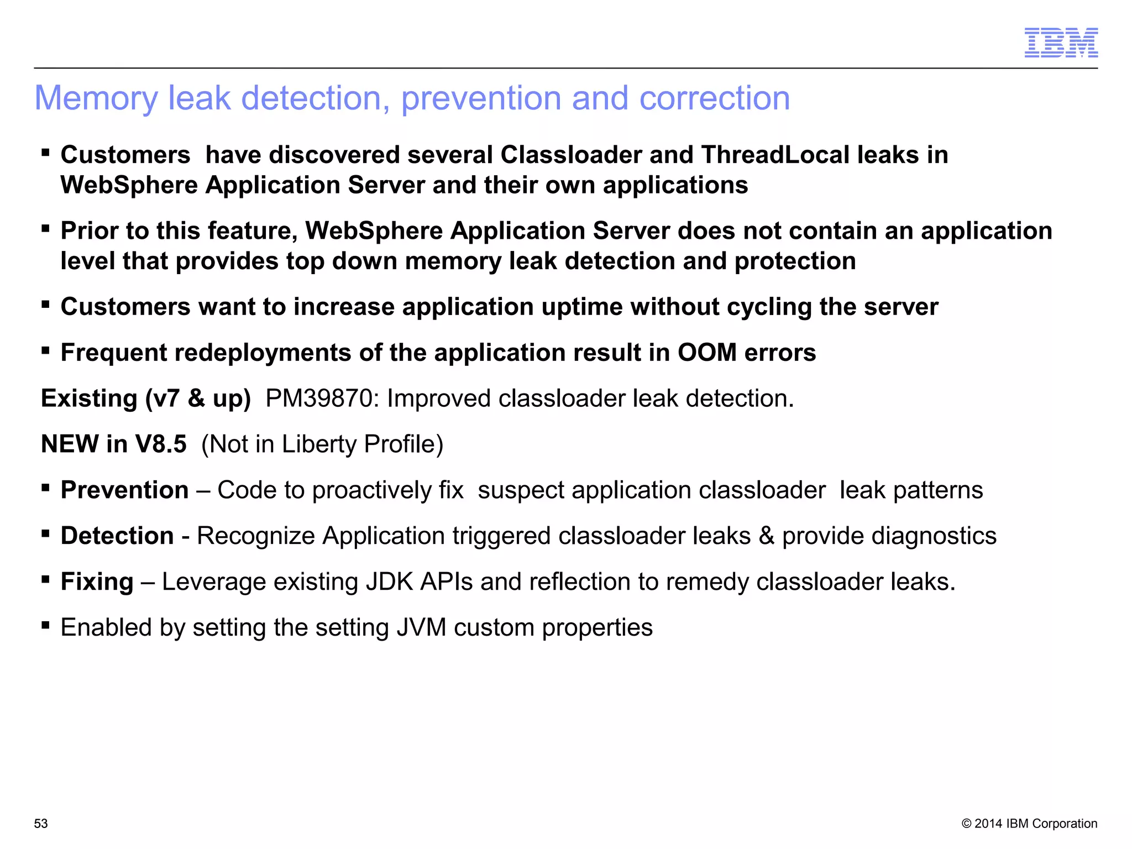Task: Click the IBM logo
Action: [x=1061, y=43]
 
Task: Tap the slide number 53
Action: [x=41, y=824]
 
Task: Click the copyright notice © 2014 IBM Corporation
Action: [x=1029, y=824]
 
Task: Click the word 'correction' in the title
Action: [x=714, y=98]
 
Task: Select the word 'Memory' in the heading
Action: [x=96, y=98]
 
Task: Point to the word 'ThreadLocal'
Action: [x=775, y=155]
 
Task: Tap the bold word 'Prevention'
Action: [x=124, y=490]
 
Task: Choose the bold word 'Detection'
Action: [x=117, y=536]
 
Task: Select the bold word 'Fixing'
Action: [x=97, y=582]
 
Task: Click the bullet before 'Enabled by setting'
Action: [x=46, y=626]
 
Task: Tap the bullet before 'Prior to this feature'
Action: [x=46, y=229]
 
